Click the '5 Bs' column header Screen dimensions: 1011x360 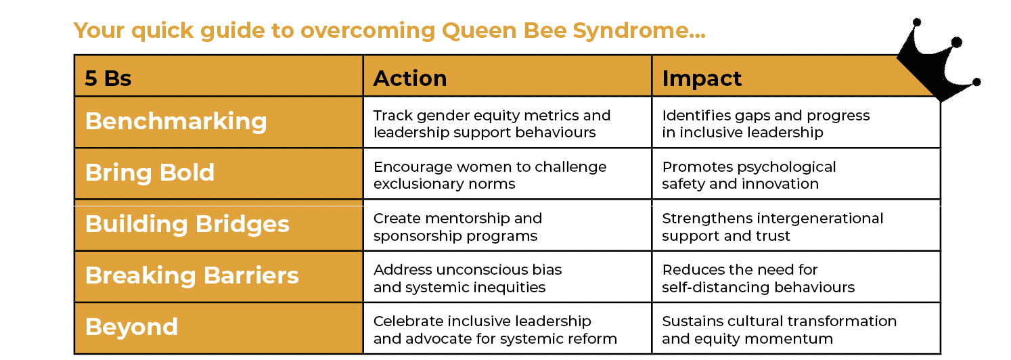pos(108,78)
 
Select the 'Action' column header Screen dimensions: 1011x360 pos(410,78)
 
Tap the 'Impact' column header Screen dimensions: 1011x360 pos(701,79)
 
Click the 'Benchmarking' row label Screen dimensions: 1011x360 pos(176,121)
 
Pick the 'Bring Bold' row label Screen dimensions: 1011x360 pos(150,173)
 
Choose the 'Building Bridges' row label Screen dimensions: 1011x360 pos(187,224)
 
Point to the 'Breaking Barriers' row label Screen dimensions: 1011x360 pos(192,275)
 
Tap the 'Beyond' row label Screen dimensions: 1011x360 pos(132,327)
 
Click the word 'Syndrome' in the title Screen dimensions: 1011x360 pos(639,31)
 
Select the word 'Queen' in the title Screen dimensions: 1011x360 pos(479,30)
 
